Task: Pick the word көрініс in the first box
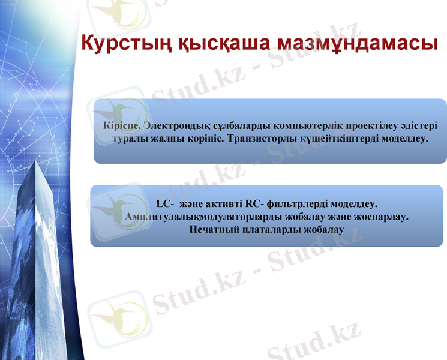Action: (x=204, y=139)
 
